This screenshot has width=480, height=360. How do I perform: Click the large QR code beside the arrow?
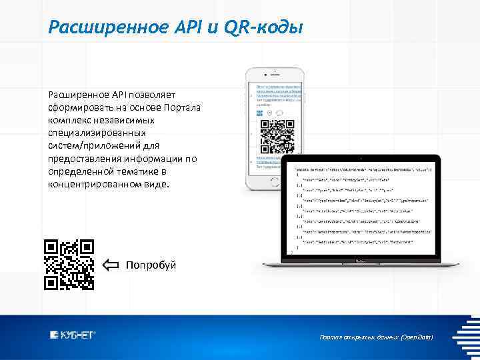pyautogui.click(x=69, y=265)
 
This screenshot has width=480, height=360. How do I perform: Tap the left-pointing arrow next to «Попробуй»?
pyautogui.click(x=111, y=265)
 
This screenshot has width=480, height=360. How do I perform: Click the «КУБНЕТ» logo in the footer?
pyautogui.click(x=73, y=335)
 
